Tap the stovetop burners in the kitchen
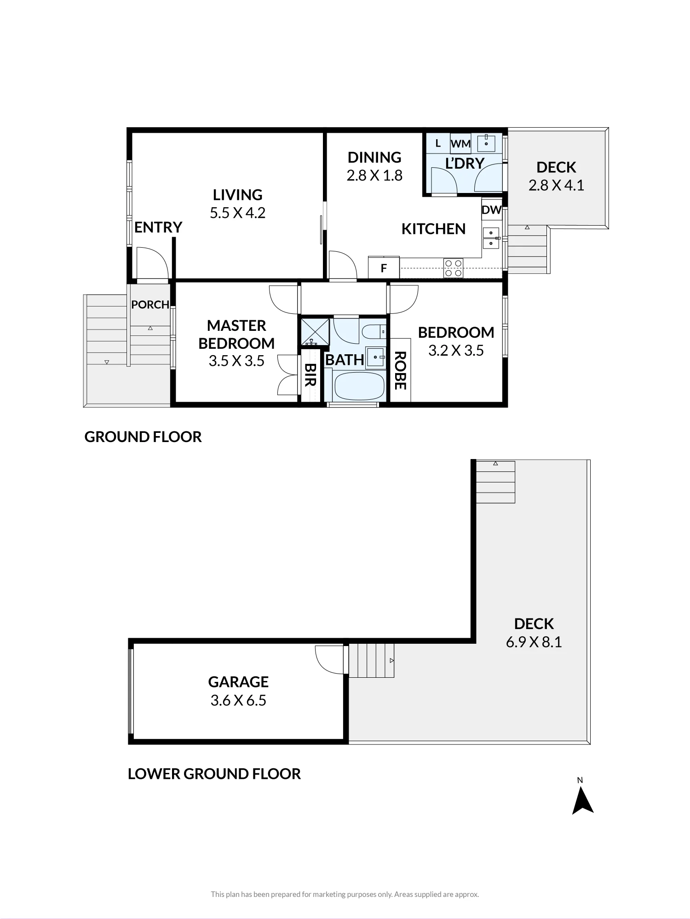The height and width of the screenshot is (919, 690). click(453, 268)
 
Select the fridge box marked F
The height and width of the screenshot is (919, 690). click(384, 267)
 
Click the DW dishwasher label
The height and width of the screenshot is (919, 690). click(491, 210)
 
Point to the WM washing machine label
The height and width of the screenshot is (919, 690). click(460, 144)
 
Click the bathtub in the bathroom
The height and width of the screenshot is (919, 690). click(359, 386)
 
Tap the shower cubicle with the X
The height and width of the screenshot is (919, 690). click(315, 332)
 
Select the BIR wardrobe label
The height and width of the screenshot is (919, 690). click(310, 374)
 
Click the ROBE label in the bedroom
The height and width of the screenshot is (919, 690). click(400, 370)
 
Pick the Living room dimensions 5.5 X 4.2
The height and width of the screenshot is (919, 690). click(238, 213)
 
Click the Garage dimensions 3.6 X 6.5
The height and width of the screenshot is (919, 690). click(238, 701)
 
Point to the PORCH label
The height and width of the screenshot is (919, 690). click(150, 305)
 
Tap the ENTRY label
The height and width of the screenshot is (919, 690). click(158, 227)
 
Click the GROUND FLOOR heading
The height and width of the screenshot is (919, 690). click(143, 437)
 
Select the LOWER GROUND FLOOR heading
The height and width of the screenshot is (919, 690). click(214, 774)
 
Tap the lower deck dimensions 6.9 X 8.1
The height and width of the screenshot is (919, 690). click(534, 642)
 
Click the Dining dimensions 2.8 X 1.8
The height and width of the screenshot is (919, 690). click(374, 176)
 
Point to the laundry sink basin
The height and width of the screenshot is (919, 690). click(486, 143)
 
